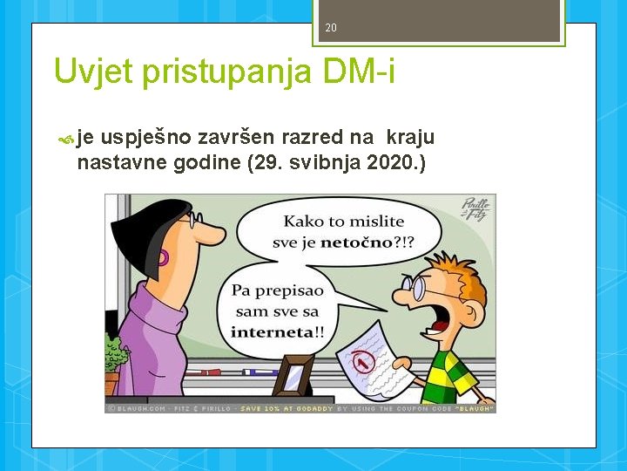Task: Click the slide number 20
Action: click(x=330, y=28)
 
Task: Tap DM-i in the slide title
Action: click(x=359, y=72)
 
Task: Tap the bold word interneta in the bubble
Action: click(x=272, y=331)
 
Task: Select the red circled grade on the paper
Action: click(x=365, y=358)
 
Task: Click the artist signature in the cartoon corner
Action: click(x=475, y=210)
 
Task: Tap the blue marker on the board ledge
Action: click(x=259, y=372)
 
